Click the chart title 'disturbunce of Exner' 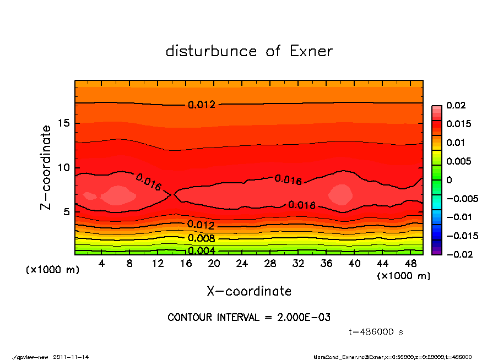point(249,52)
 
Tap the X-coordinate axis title point(249,291)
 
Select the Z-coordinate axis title point(46,167)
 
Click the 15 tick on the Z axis point(65,124)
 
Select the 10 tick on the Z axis point(65,168)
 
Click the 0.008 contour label point(201,238)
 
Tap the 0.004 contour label point(201,251)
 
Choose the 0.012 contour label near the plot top point(201,105)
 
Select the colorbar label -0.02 point(458,254)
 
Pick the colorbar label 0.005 point(458,161)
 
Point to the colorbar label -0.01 point(458,217)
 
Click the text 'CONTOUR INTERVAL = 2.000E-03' point(249,318)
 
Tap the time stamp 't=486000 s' point(376,332)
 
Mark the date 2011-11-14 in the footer point(71,357)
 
